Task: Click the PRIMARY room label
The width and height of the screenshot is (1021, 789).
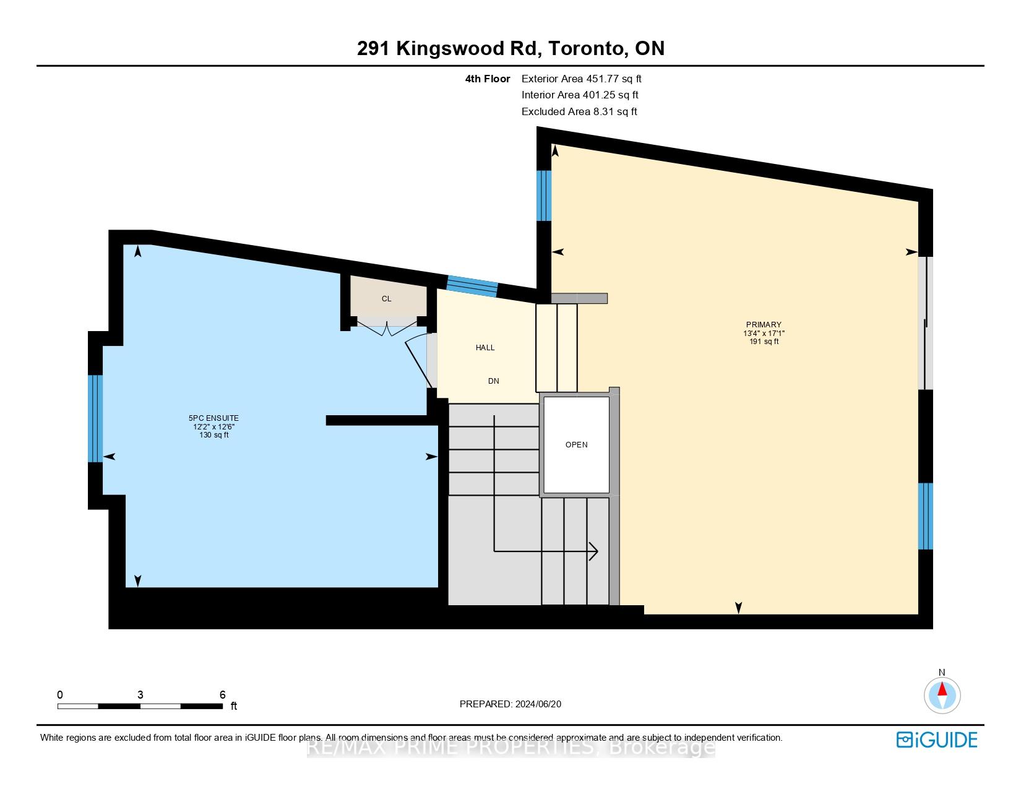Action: (x=764, y=325)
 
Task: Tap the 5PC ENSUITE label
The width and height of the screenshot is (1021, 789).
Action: (x=213, y=419)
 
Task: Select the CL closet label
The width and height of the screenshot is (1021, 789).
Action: (x=386, y=299)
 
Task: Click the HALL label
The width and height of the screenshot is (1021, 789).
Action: (x=485, y=348)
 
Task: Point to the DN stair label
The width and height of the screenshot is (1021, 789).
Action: (x=493, y=381)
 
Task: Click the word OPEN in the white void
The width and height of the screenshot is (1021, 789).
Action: (x=576, y=445)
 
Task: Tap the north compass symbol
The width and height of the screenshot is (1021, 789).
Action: (x=942, y=694)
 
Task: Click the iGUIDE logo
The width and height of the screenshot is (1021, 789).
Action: (x=937, y=739)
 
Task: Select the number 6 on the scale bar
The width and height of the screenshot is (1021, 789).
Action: (x=223, y=695)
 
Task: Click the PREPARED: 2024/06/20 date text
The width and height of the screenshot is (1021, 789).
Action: (x=510, y=704)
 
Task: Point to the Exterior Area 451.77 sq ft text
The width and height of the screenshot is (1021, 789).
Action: (x=581, y=79)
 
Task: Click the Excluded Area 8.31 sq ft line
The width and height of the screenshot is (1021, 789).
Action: (x=579, y=112)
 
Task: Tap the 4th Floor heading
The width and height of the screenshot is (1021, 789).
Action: (x=488, y=79)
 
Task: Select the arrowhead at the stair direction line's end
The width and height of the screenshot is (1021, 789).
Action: (x=593, y=550)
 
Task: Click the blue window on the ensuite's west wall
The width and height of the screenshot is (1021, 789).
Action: (x=95, y=418)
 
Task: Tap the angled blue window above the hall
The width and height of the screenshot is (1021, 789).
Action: (x=472, y=285)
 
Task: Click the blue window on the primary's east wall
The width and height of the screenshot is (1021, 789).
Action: (x=925, y=516)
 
